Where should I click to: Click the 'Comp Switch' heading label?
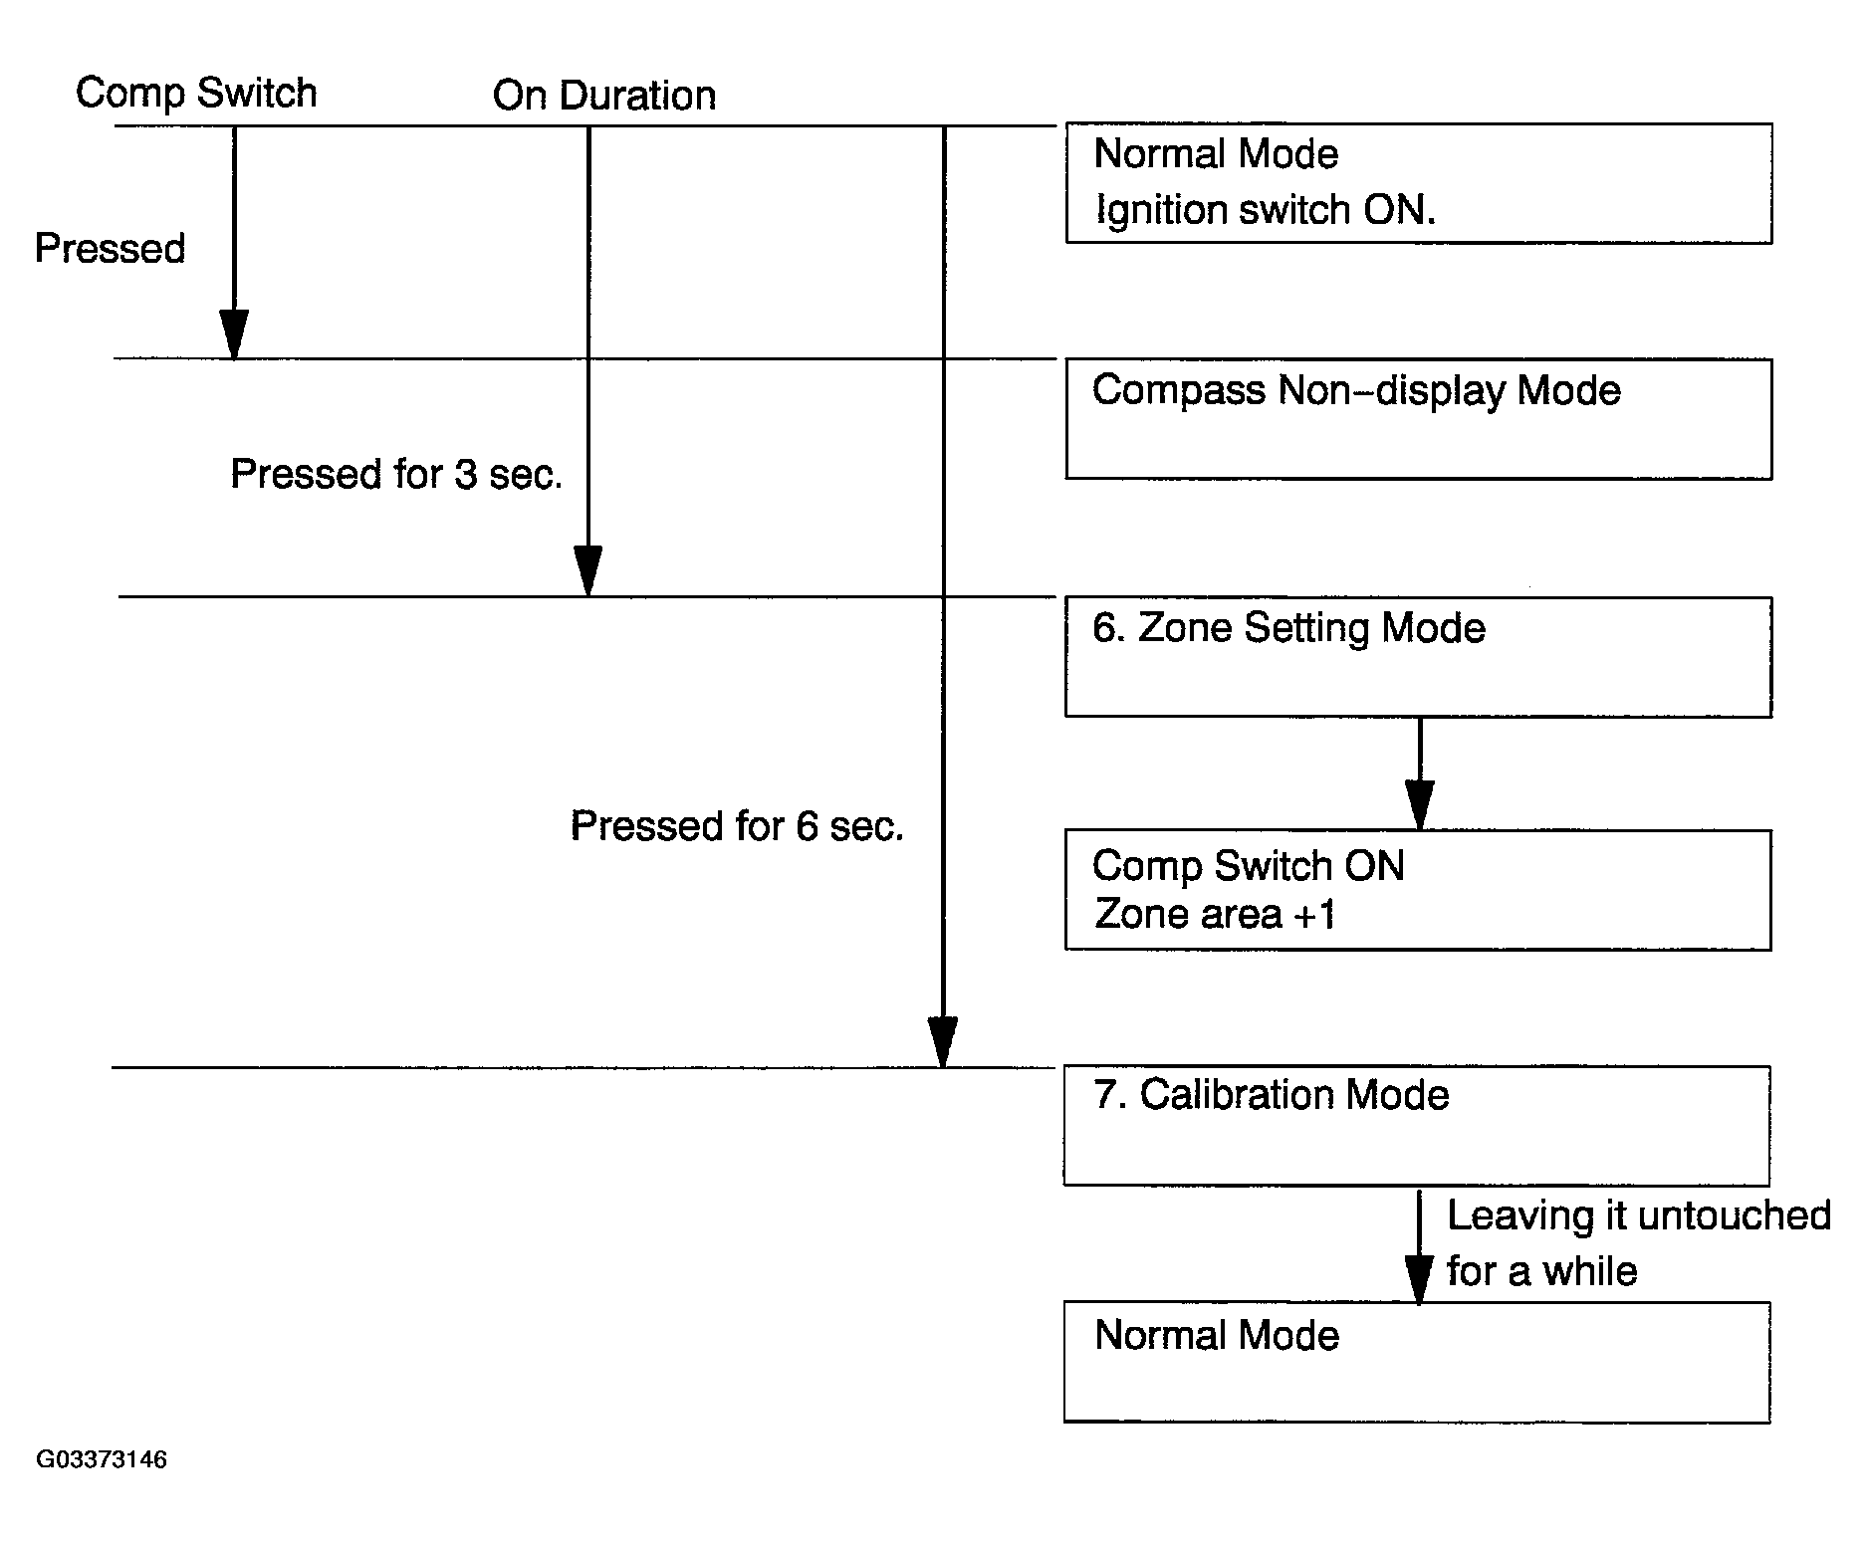point(196,94)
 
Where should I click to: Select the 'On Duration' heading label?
point(604,96)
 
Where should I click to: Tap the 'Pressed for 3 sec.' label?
point(396,474)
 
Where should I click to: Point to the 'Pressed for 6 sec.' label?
point(737,826)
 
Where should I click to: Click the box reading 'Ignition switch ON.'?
point(1418,183)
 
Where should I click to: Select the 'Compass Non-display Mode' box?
point(1418,419)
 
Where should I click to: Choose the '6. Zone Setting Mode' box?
point(1418,656)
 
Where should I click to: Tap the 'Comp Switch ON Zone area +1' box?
point(1418,890)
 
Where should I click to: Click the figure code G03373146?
point(102,1459)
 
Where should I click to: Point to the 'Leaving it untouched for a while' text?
point(1638,1243)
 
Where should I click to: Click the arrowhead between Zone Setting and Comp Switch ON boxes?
point(1420,804)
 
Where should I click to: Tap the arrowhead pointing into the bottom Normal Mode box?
point(1418,1277)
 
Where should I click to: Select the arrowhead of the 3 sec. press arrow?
point(587,570)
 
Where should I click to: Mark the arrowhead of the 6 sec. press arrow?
point(942,1041)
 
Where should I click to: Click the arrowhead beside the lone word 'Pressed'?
point(234,333)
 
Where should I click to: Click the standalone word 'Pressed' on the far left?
point(110,249)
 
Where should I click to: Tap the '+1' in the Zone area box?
point(1313,914)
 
